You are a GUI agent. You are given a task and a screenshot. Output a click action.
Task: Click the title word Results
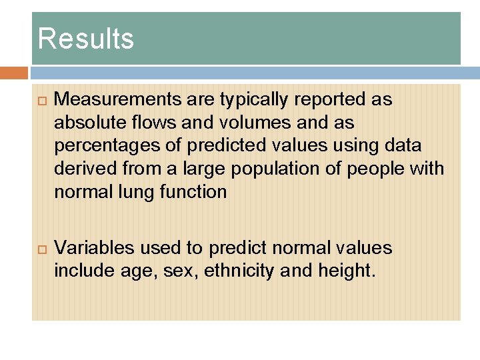tap(85, 39)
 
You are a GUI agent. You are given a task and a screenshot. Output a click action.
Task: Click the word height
tap(345, 271)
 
